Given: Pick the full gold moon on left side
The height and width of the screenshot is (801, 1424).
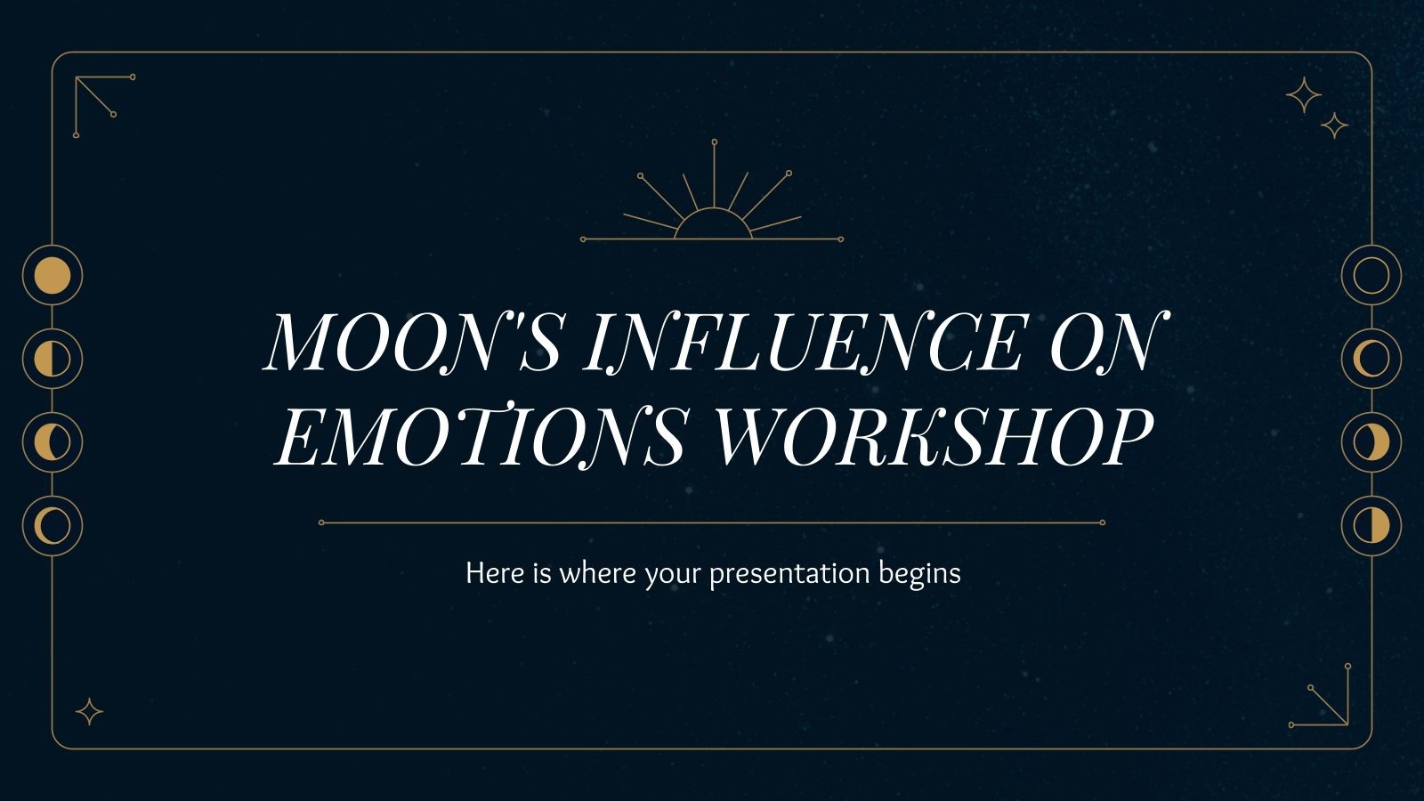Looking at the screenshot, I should click(x=53, y=276).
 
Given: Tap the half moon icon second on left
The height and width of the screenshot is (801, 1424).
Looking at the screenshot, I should click(x=53, y=359).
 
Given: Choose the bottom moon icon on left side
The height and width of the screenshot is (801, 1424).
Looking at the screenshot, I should click(x=53, y=526).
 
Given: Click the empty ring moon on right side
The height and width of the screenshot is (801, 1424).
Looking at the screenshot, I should click(x=1371, y=276).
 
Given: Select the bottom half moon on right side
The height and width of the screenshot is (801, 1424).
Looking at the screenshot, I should click(x=1371, y=526).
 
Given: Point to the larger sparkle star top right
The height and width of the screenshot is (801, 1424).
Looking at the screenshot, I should click(x=1304, y=95).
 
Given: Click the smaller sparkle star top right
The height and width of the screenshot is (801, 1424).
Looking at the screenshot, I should click(x=1333, y=125).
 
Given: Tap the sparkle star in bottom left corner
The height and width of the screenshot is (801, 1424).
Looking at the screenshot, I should click(x=89, y=712).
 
